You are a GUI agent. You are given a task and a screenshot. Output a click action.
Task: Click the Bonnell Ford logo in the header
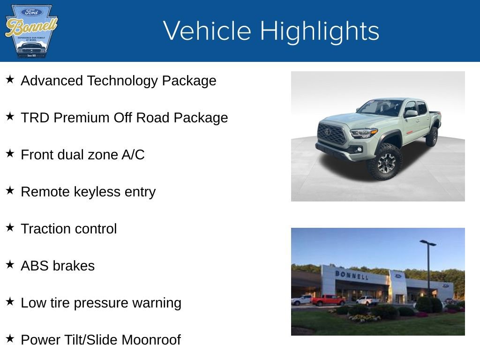pos(31,31)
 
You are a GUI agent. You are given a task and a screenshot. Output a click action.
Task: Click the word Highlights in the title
pos(320,31)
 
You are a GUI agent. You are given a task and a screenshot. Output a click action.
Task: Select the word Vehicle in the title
pos(207,31)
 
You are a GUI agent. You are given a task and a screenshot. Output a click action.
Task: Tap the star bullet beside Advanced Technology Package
pos(10,80)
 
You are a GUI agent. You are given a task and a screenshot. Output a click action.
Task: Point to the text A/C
pos(133,155)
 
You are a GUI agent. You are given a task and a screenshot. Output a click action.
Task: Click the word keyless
pos(98,192)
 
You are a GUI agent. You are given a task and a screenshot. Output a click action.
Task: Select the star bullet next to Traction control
pos(10,228)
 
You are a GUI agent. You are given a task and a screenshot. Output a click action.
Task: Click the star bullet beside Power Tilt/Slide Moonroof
pos(10,339)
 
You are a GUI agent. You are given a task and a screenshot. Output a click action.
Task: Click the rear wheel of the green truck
pos(432,136)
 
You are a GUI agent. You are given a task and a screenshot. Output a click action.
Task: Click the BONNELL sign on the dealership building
pos(352,275)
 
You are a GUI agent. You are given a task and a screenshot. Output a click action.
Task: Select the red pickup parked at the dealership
pos(328,300)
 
